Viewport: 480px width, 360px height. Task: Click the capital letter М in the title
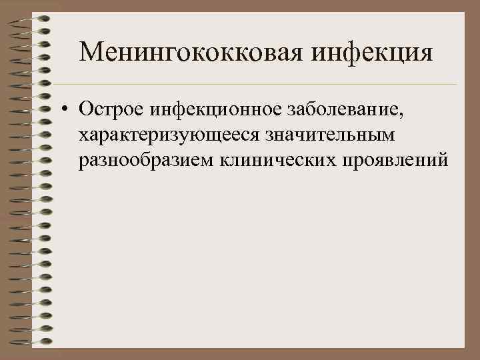[90, 51]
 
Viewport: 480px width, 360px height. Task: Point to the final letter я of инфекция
[425, 53]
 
